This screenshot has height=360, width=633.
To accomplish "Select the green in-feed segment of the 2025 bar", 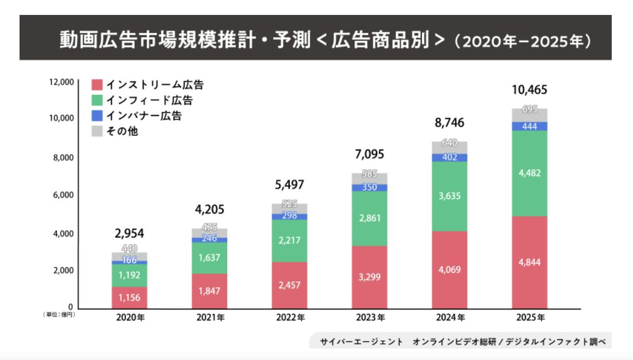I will (530, 173).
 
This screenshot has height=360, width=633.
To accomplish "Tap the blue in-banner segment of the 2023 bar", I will (370, 187).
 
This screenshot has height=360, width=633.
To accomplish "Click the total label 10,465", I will (529, 90).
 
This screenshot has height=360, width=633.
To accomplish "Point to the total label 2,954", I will (129, 233).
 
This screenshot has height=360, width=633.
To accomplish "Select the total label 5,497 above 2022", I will (289, 185).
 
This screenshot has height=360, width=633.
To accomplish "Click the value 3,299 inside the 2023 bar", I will (370, 277).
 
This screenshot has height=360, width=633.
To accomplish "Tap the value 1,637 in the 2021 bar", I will (209, 258).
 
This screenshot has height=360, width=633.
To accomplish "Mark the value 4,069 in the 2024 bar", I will (450, 270).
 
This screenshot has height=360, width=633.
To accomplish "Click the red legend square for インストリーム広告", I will (97, 85).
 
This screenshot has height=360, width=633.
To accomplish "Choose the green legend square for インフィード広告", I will (97, 101).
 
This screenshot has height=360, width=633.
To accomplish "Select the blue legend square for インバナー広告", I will (97, 116).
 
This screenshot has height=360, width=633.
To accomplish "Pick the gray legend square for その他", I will (97, 131).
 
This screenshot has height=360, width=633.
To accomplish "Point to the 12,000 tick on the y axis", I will (62, 82).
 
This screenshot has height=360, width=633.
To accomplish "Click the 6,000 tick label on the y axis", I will (64, 195).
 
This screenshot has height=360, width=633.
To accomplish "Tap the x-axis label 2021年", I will (209, 317).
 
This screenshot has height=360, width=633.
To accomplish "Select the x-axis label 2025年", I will (530, 317).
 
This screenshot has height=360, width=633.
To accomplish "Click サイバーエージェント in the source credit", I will (362, 342).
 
